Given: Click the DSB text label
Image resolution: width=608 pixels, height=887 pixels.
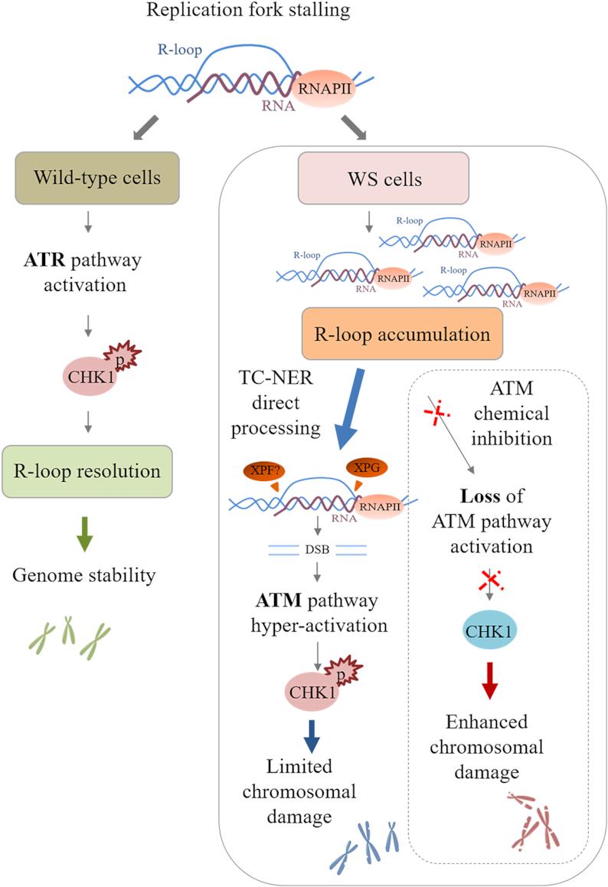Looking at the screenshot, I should pos(317,549).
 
